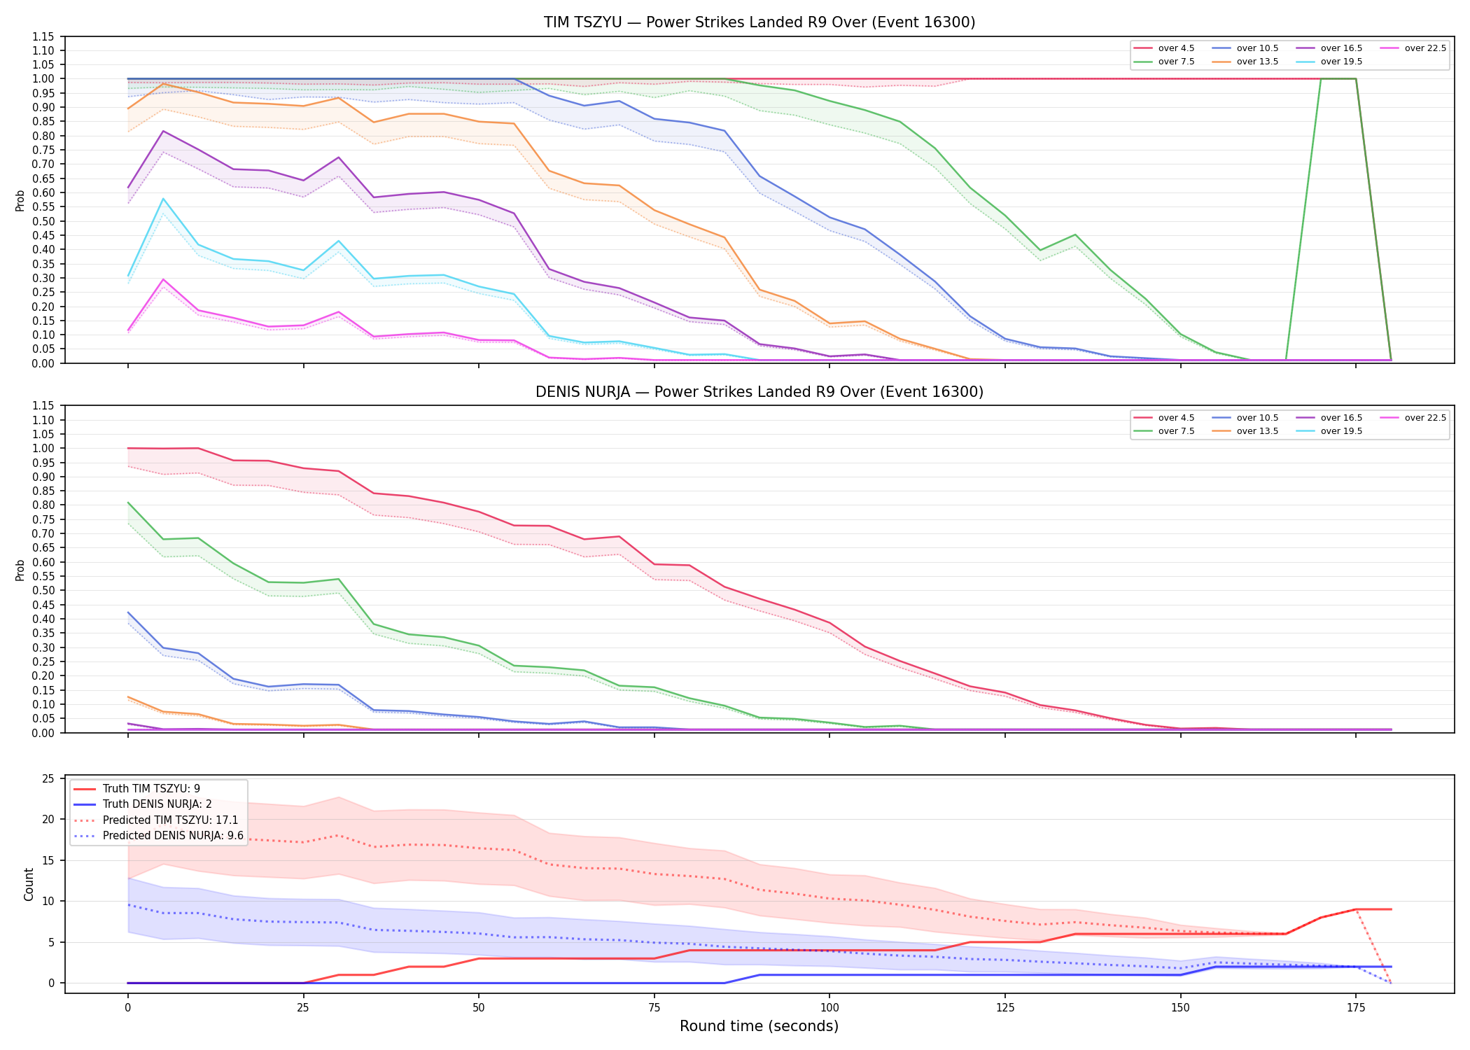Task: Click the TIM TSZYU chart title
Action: tap(759, 22)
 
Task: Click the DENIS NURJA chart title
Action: tap(759, 392)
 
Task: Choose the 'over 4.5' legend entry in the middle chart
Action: tap(1163, 418)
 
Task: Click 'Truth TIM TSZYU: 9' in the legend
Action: tap(136, 789)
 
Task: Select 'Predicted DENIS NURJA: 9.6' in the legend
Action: tap(158, 836)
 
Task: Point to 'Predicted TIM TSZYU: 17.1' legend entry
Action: tap(155, 820)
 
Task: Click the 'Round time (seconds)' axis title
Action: tap(759, 1026)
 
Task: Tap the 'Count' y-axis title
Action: tap(29, 884)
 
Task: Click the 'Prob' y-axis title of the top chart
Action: tap(20, 201)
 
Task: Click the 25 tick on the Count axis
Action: tap(48, 779)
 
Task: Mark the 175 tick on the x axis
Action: tap(1356, 1008)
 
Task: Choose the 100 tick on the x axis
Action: tap(829, 1008)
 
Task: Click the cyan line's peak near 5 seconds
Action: tap(163, 199)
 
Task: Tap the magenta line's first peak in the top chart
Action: tap(163, 279)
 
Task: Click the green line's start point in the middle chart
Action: tap(128, 503)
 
